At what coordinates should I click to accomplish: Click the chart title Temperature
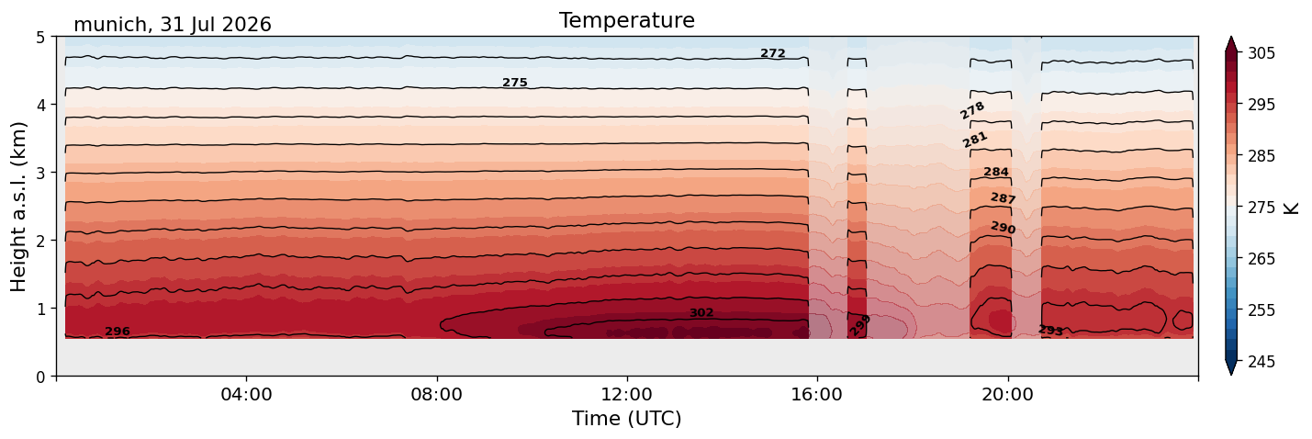(x=627, y=20)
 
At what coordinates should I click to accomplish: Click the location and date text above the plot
(x=173, y=25)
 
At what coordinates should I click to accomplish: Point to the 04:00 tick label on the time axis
(x=247, y=394)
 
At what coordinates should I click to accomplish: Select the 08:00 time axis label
(x=437, y=394)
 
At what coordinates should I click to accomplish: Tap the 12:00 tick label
(x=627, y=394)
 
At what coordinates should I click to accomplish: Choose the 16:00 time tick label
(x=818, y=394)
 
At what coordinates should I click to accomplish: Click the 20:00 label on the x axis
(x=1008, y=394)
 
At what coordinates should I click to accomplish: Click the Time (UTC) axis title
(x=627, y=419)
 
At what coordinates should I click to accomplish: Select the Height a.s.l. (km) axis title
(x=18, y=207)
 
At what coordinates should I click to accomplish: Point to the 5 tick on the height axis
(x=40, y=38)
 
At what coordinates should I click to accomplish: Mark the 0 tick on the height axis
(x=40, y=377)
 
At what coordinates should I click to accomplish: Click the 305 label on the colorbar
(x=1261, y=53)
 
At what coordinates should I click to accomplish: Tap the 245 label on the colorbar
(x=1261, y=362)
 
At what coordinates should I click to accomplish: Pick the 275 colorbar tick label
(x=1261, y=208)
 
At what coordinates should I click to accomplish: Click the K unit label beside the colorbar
(x=1290, y=208)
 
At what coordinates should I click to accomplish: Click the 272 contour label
(x=772, y=53)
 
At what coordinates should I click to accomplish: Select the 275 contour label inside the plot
(x=515, y=83)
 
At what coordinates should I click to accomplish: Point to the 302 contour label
(x=701, y=313)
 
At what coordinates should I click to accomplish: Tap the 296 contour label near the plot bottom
(x=118, y=332)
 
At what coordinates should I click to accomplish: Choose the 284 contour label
(x=996, y=172)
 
